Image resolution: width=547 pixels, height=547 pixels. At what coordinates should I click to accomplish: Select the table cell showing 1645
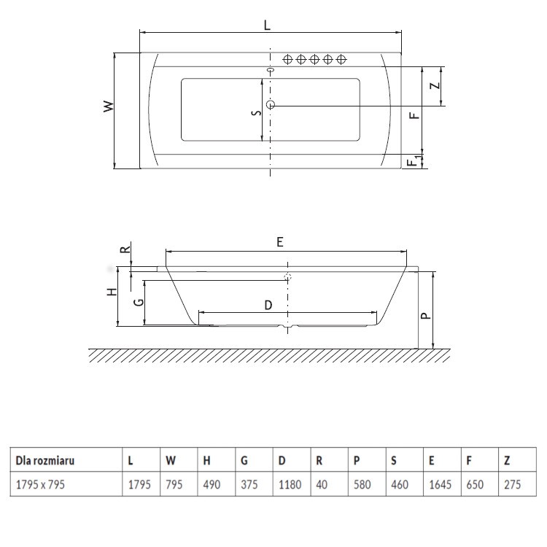click(x=438, y=484)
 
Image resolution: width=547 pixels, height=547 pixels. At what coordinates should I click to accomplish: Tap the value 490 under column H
click(x=211, y=484)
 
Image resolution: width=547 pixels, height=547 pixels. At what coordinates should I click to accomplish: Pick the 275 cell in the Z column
click(x=512, y=484)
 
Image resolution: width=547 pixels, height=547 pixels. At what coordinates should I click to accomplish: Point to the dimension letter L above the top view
click(x=268, y=24)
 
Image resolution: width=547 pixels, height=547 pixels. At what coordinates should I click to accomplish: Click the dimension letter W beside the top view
click(x=108, y=106)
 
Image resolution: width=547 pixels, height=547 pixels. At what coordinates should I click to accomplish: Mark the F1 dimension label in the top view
click(x=414, y=161)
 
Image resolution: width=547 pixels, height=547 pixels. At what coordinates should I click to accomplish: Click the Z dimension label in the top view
click(x=435, y=85)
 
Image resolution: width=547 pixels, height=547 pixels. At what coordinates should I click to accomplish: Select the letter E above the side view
click(x=280, y=241)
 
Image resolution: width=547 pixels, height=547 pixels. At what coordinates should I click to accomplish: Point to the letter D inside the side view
click(x=268, y=306)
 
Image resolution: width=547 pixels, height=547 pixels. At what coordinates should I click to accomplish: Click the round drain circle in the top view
click(x=271, y=105)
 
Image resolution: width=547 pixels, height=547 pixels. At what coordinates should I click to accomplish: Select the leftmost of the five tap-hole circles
click(x=287, y=59)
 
